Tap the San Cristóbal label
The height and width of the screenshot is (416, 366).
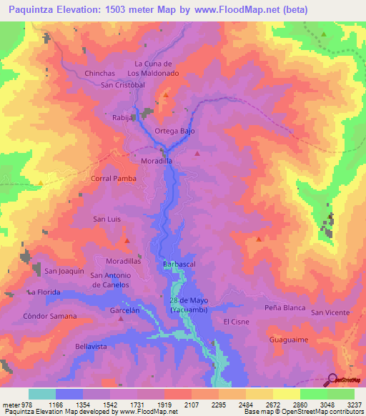pyautogui.click(x=123, y=85)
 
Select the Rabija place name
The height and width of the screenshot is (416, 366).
pyautogui.click(x=123, y=117)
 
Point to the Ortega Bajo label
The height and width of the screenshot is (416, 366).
pyautogui.click(x=174, y=132)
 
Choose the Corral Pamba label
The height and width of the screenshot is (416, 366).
pyautogui.click(x=114, y=178)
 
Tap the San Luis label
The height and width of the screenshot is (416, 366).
pyautogui.click(x=107, y=219)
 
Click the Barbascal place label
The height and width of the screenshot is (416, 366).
pyautogui.click(x=179, y=264)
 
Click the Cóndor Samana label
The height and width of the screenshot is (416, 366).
pyautogui.click(x=49, y=316)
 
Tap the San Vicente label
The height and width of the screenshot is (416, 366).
pyautogui.click(x=330, y=312)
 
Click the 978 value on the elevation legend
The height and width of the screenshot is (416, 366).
pyautogui.click(x=24, y=404)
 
